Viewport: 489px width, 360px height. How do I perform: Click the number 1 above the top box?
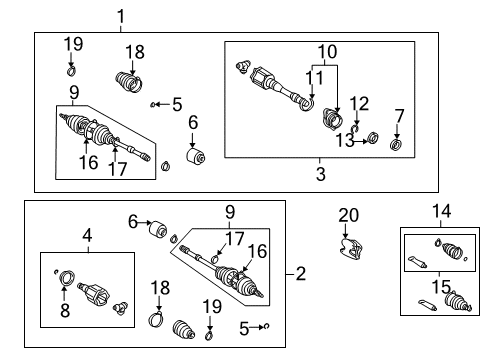pos(122,15)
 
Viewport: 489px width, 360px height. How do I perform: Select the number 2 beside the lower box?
pos(301,272)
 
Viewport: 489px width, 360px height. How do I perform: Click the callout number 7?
pos(399,116)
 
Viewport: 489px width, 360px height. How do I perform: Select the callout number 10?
pos(328,50)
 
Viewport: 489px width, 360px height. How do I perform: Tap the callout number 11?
pos(312,76)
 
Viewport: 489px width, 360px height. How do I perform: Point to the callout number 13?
pos(346,139)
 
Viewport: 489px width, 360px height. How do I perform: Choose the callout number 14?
pos(441,211)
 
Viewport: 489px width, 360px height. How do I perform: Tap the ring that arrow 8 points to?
pos(67,276)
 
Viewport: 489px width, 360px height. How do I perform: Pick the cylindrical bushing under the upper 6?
pos(195,159)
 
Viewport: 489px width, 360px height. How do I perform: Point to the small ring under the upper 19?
pos(71,69)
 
